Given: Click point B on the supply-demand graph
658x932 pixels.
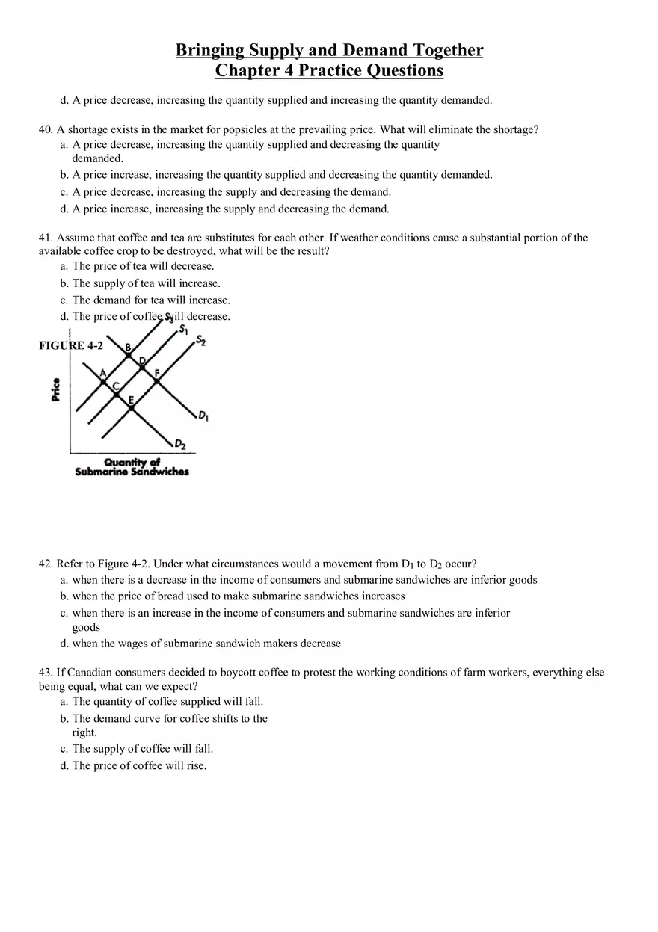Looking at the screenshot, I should (x=129, y=354).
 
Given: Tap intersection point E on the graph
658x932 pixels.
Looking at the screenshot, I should (x=131, y=407).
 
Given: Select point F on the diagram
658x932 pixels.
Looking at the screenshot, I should (x=157, y=380).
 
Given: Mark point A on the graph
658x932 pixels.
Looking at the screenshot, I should (x=103, y=380).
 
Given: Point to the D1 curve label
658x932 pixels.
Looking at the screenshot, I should (x=203, y=415).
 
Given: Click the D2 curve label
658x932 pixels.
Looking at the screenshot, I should (x=179, y=445).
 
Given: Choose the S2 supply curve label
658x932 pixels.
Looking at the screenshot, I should (x=200, y=342).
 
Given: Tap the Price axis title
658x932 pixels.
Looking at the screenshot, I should (x=56, y=389).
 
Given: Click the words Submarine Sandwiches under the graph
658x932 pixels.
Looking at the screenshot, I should (x=132, y=472).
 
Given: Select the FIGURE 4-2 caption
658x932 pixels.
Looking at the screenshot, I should (x=70, y=345).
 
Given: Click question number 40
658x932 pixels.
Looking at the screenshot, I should (x=45, y=129).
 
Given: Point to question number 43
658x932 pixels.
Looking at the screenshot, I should (x=45, y=672).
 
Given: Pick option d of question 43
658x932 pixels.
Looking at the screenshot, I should (x=133, y=765).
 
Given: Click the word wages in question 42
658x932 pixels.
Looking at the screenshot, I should (x=140, y=643).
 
